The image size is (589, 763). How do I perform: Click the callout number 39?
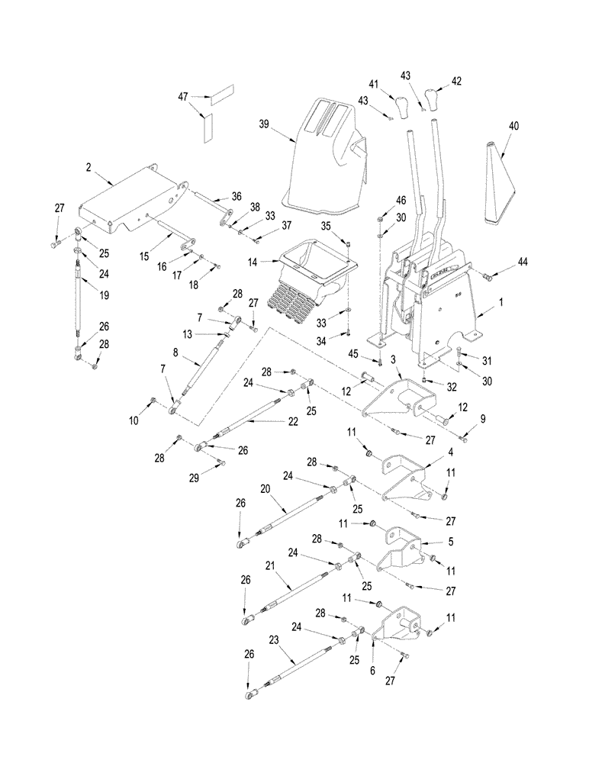tap(264, 124)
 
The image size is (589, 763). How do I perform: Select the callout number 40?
tap(513, 126)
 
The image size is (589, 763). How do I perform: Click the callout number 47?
tap(182, 98)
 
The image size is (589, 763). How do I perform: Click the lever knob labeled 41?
tap(402, 103)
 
